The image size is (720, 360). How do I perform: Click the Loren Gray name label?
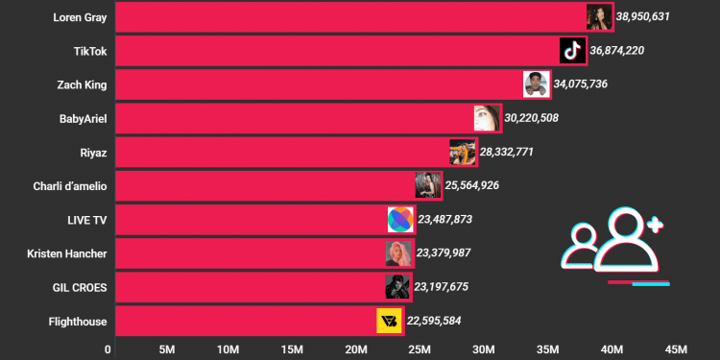[x=81, y=16]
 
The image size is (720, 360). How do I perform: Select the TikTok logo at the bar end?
[x=572, y=50]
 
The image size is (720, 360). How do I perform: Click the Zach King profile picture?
[x=537, y=84]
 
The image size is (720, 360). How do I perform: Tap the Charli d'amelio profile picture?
[x=428, y=185]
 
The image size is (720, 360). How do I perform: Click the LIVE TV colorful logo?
[x=400, y=219]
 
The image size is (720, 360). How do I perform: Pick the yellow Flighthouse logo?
[x=389, y=321]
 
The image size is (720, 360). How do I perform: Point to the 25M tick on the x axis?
[x=419, y=348]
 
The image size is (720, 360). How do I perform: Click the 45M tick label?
[x=675, y=348]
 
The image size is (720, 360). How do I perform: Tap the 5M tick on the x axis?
[x=165, y=348]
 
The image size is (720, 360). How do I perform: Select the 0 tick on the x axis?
[x=108, y=348]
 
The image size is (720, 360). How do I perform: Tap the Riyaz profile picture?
[x=463, y=152]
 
